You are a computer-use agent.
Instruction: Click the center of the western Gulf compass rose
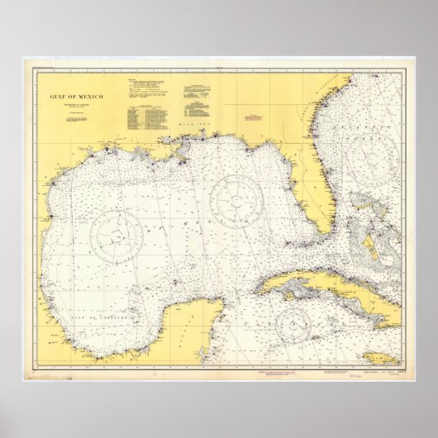coord(117,235)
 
